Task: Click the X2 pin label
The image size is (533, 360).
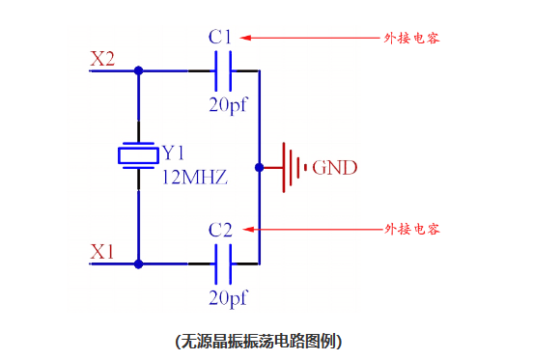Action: coord(102,59)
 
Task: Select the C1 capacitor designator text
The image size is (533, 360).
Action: coord(220,38)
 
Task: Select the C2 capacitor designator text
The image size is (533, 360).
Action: coord(220,230)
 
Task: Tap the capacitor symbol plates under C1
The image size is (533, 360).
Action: coord(223,70)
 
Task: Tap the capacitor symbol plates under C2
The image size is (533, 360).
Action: coord(223,263)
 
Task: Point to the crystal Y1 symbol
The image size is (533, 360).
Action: coord(138,155)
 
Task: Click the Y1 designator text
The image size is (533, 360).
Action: coord(173,152)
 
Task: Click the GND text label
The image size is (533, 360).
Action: coord(334,168)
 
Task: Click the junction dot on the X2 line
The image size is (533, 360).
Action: coord(139,70)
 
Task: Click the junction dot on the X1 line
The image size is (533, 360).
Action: coord(139,263)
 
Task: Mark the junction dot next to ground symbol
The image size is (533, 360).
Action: coord(259,167)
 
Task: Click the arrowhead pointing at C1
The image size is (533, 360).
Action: coord(245,39)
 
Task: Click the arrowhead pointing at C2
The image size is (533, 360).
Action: coord(245,230)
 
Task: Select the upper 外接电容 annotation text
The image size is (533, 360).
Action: coord(412,39)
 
